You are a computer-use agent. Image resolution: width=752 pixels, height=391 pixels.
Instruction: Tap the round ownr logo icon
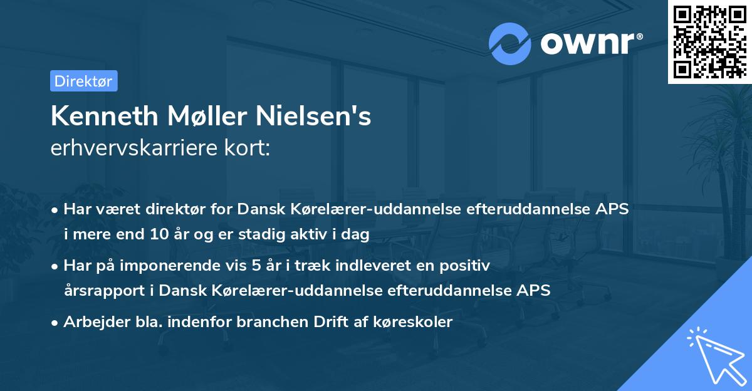tap(510, 43)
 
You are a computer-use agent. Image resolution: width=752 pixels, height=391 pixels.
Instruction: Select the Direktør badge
tap(83, 81)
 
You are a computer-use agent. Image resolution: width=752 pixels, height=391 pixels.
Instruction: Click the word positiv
tap(469, 265)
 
